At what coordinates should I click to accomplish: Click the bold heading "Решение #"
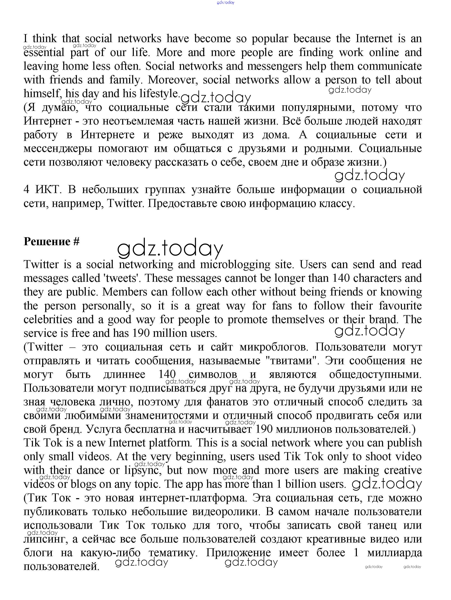tap(51, 241)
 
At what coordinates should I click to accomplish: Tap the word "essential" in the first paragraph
tap(44, 53)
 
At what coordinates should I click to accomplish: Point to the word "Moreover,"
tap(173, 80)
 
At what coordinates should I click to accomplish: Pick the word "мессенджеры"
tap(58, 149)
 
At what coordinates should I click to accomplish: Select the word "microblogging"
tap(235, 264)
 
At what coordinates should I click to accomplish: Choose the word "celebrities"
tap(48, 320)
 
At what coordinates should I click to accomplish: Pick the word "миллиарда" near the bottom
tap(395, 553)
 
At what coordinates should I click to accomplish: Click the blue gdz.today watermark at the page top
tap(226, 2)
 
